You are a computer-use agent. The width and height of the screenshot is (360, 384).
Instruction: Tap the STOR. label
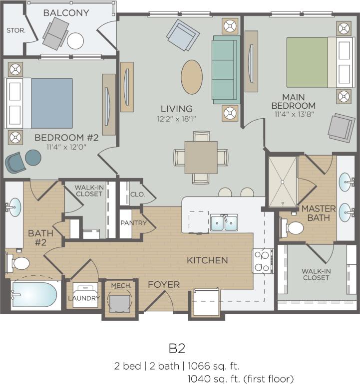15,30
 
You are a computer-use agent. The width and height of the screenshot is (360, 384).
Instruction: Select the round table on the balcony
75,40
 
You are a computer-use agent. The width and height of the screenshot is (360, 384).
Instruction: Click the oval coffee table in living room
192,77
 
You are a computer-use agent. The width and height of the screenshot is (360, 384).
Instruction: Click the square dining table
201,157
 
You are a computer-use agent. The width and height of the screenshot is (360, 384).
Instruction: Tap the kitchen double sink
224,223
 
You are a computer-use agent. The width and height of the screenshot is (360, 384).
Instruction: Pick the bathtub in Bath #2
34,295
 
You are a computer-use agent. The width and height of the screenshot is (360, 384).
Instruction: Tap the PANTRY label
133,223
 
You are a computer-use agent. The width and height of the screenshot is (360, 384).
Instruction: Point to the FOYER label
163,285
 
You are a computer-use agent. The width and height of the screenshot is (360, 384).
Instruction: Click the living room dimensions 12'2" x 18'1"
177,119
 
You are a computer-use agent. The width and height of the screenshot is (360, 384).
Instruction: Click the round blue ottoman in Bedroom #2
33,158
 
